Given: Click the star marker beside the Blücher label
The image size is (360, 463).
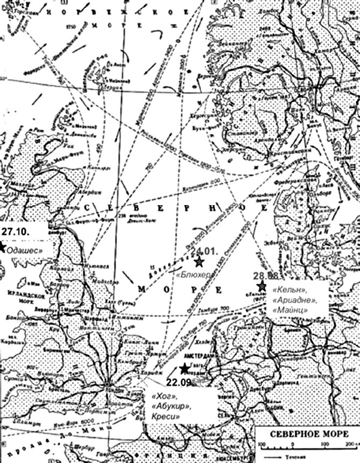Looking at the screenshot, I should click(x=199, y=262).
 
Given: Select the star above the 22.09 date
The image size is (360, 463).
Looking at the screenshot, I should click(x=185, y=368).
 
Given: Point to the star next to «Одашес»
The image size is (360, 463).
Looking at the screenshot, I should click(x=2, y=247).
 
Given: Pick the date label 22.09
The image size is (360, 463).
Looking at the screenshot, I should click(x=179, y=383).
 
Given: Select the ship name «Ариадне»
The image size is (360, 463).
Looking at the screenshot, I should click(x=292, y=304).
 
